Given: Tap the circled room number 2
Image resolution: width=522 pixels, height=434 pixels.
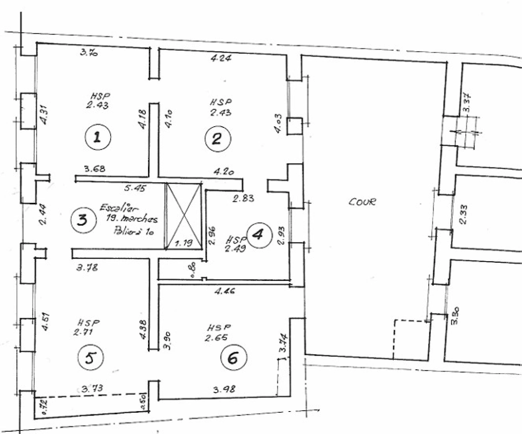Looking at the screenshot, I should click(x=217, y=139).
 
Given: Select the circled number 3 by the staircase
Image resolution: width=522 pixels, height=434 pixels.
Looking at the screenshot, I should click(x=83, y=220).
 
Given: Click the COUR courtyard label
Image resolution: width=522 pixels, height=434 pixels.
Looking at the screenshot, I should click(x=362, y=202).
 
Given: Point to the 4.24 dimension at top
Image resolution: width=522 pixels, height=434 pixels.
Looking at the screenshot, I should click(x=221, y=58).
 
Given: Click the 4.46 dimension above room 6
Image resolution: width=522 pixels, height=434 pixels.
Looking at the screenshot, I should click(x=225, y=291).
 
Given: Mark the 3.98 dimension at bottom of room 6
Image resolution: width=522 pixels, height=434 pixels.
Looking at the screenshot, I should click(x=224, y=389).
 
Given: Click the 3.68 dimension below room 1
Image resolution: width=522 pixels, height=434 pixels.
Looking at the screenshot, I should click(x=94, y=169).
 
